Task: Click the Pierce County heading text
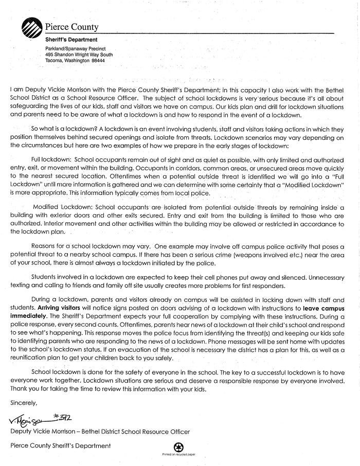(71, 27)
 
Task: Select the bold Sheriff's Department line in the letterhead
(71, 40)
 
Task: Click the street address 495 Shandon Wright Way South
(79, 54)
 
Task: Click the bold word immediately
(30, 316)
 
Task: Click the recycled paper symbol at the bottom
(179, 447)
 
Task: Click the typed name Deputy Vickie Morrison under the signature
(45, 432)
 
